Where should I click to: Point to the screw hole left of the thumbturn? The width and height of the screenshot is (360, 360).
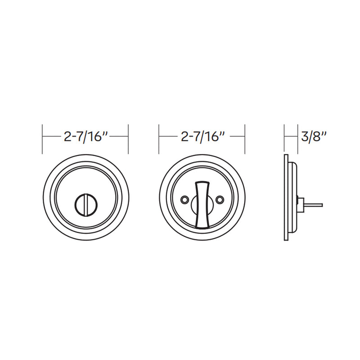(x=184, y=199)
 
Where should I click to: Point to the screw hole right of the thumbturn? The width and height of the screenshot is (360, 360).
(x=220, y=199)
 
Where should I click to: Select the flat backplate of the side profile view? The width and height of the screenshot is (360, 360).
(x=286, y=198)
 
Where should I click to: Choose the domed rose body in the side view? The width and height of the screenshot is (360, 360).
(x=293, y=198)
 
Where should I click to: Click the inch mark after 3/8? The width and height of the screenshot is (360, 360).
(x=324, y=134)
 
